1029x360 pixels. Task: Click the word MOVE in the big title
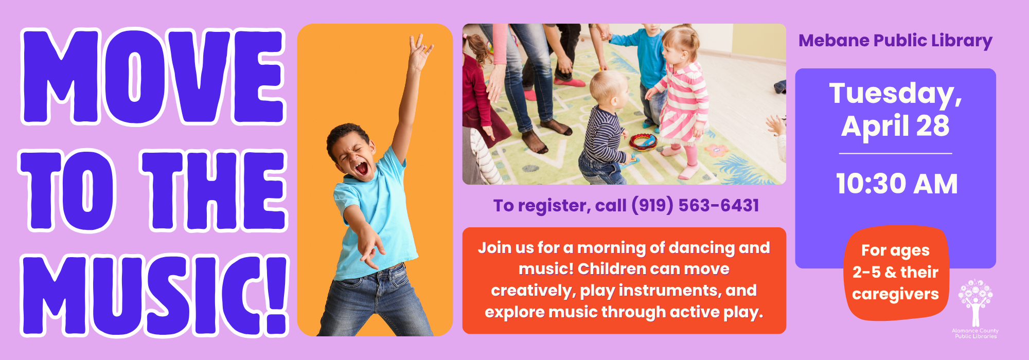(x=153, y=77)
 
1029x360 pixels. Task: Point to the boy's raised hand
(x=420, y=51)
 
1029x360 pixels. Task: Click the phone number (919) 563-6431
(x=695, y=206)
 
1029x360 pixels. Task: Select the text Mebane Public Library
(x=895, y=41)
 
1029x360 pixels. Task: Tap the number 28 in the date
(x=932, y=126)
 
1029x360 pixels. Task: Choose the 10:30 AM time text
(x=896, y=184)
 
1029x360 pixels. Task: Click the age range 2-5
(x=866, y=272)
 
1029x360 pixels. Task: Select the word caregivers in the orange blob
(x=895, y=294)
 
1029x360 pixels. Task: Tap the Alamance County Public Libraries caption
(x=975, y=334)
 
